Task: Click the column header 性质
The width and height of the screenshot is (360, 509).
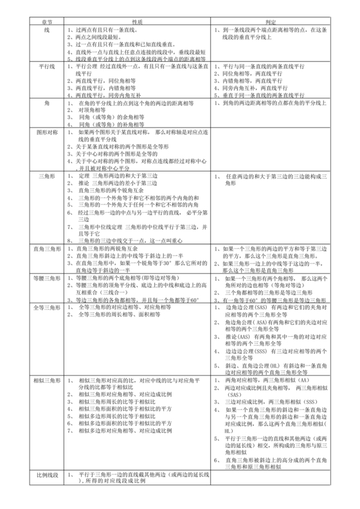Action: click(136, 21)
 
